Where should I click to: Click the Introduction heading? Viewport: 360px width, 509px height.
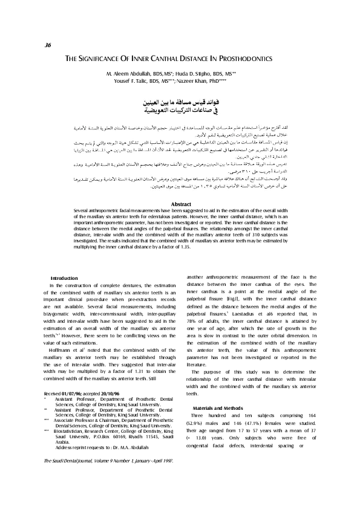62,277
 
